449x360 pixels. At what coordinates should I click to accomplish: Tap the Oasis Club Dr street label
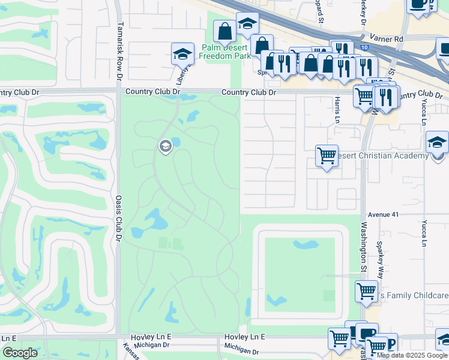click(x=118, y=219)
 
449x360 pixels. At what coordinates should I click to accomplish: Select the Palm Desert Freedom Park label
click(x=224, y=52)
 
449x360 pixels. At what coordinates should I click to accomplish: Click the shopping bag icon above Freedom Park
click(x=224, y=31)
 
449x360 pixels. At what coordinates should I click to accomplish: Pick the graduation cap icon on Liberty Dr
click(x=182, y=54)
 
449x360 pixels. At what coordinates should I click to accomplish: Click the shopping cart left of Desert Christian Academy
click(x=327, y=156)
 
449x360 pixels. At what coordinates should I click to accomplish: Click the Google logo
click(x=19, y=352)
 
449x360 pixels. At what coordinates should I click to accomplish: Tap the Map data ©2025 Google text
click(x=411, y=355)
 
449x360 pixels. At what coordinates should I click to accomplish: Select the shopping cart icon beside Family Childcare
click(x=366, y=292)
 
